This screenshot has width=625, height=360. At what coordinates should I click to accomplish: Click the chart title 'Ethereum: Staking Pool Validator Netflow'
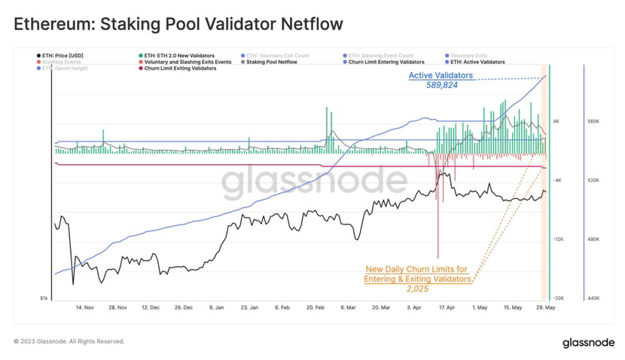click(x=178, y=24)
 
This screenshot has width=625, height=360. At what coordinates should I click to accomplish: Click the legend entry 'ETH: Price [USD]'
click(x=62, y=56)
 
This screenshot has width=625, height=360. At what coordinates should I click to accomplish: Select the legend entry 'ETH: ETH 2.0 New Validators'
click(x=179, y=56)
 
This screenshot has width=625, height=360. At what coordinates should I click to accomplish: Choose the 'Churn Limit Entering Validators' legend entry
click(x=386, y=62)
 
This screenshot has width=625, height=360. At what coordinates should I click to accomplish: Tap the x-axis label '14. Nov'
click(x=84, y=307)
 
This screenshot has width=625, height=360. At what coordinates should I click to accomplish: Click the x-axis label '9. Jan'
click(x=217, y=307)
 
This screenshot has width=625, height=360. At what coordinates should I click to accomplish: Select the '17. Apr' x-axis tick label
click(x=447, y=307)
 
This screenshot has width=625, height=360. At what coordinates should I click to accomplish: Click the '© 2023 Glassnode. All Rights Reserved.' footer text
click(x=69, y=341)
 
